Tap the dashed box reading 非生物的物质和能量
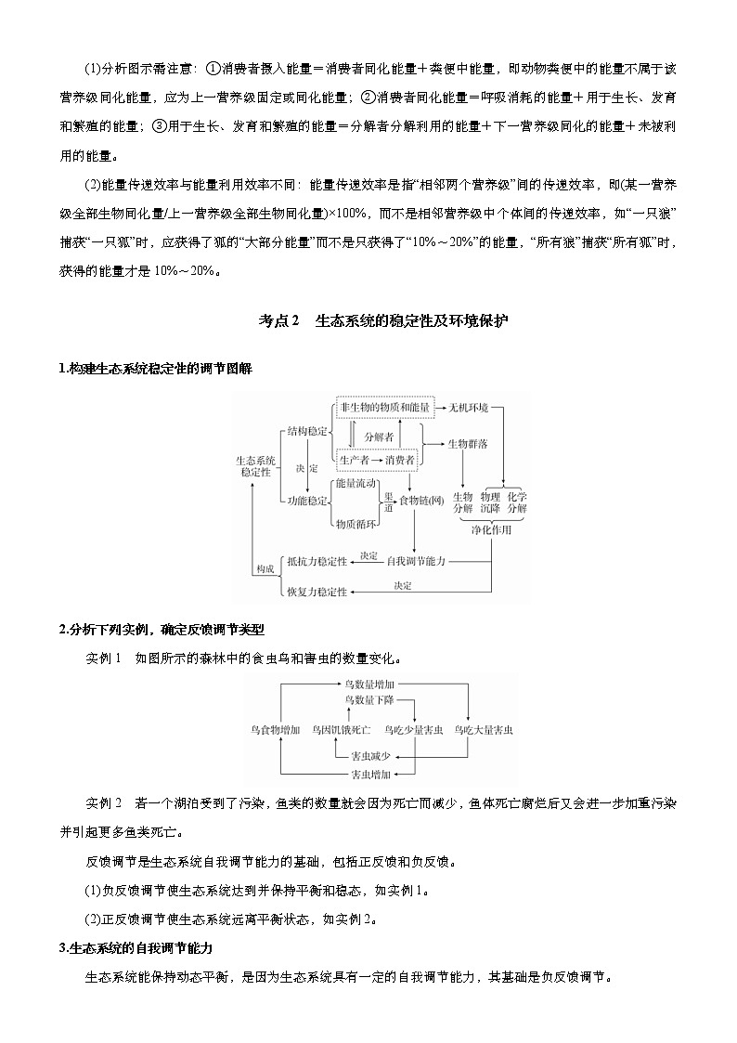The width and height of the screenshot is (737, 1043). click(x=385, y=408)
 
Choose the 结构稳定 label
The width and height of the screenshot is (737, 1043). click(x=307, y=432)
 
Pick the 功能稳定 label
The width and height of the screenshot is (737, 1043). click(x=307, y=501)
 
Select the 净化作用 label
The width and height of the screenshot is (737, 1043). click(x=491, y=529)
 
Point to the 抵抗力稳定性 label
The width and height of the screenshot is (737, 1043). click(x=317, y=561)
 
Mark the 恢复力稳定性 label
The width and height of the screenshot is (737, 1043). click(x=317, y=592)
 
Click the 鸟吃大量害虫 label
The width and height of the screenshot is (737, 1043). click(x=484, y=730)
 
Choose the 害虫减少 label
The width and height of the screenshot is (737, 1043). click(x=368, y=756)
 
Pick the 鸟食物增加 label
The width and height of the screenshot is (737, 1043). click(x=275, y=730)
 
